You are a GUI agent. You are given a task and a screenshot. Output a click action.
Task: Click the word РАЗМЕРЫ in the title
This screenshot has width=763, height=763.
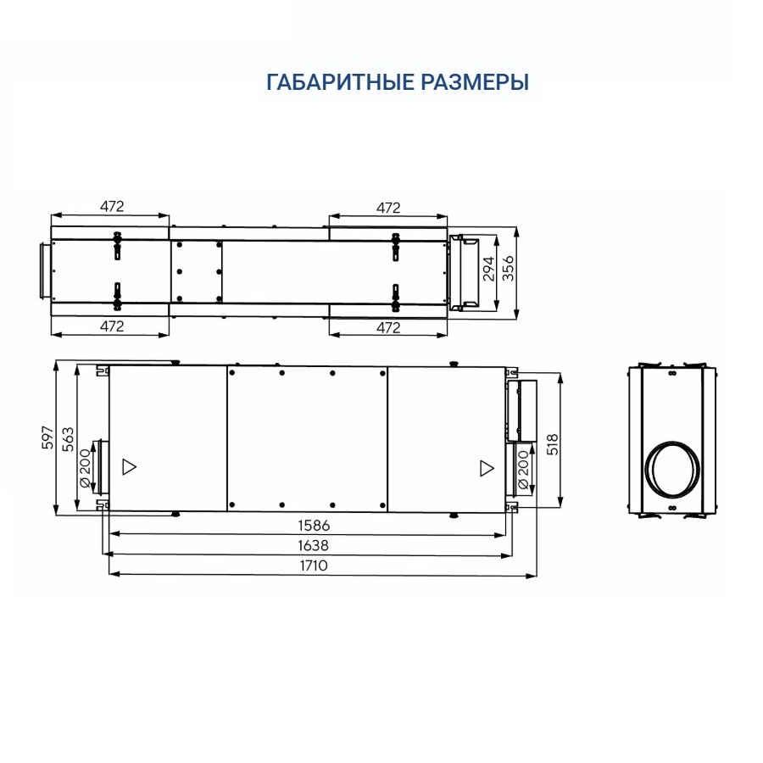coord(475,82)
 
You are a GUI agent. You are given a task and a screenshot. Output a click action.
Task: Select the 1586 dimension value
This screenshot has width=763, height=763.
coord(314,526)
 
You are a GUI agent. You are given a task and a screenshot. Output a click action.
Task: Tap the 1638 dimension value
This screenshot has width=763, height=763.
coord(314,545)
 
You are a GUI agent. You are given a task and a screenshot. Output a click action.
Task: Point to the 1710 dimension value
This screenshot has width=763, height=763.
coord(314,565)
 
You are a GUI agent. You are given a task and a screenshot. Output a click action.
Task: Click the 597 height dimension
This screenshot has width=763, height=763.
coord(47,437)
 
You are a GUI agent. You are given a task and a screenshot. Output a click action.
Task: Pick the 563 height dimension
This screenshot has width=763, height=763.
coord(68,439)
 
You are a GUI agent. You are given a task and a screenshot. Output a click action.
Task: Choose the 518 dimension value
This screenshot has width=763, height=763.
coord(554,443)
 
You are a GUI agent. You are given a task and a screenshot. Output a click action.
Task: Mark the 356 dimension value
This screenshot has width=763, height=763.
coord(508,268)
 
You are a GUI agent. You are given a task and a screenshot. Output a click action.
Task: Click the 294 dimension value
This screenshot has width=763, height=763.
coord(488,269)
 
